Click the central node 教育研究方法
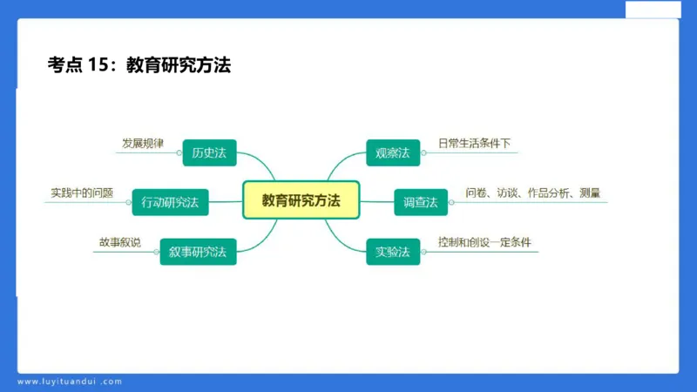tap(301, 200)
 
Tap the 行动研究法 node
tap(170, 202)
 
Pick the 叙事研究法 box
tap(197, 252)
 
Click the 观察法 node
tap(392, 152)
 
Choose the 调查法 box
tap(420, 202)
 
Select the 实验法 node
tap(392, 252)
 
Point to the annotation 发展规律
tap(142, 143)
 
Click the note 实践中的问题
tap(82, 193)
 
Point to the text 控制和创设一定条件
tap(484, 242)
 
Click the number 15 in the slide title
tap(98, 64)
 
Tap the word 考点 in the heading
tap(64, 64)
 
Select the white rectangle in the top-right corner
tap(653, 8)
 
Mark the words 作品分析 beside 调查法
tap(549, 193)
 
